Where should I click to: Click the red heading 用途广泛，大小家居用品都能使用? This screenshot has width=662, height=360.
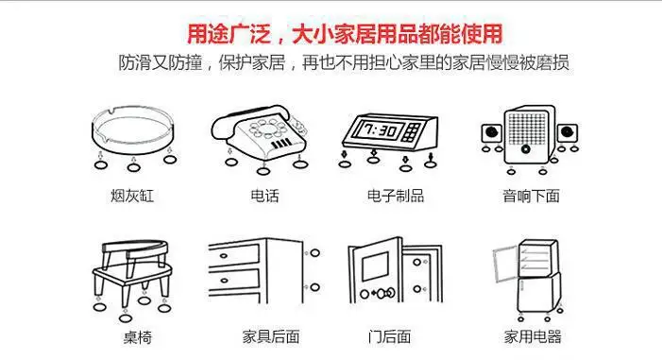point(345,34)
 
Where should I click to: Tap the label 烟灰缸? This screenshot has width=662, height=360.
point(132,196)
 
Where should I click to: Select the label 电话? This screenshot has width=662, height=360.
point(264,196)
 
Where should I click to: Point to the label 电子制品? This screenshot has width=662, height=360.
point(395,196)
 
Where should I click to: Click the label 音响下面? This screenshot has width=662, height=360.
point(531,196)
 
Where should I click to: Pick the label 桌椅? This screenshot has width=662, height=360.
point(137,337)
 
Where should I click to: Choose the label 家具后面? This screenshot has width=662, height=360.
point(271,336)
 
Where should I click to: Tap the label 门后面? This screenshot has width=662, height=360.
point(389,336)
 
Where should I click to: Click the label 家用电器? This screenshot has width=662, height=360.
point(533,336)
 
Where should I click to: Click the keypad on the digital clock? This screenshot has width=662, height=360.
point(411,132)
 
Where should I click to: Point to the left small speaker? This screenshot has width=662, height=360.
point(491,133)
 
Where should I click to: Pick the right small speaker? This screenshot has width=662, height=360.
point(567,133)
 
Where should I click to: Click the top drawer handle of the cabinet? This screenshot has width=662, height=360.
point(223,256)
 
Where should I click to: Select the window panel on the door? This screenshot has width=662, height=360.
point(375,266)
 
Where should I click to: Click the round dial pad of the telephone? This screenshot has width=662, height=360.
point(267,128)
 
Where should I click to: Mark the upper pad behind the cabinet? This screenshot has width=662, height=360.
point(315,253)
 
